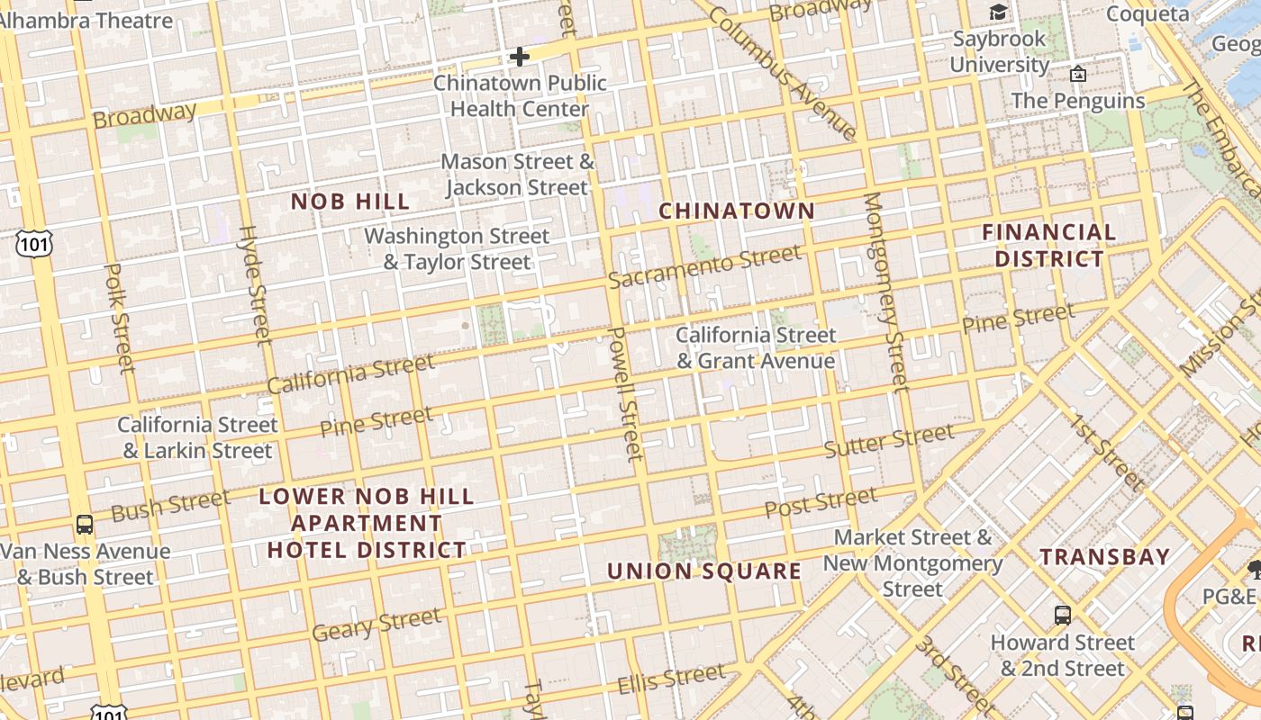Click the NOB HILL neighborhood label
tap(350, 202)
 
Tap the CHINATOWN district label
tap(737, 211)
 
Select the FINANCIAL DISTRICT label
tap(1048, 246)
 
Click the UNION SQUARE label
tap(704, 571)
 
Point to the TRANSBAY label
tap(1105, 557)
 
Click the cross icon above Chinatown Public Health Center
tap(520, 57)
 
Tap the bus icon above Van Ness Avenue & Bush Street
tap(85, 524)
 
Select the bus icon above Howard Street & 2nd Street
tap(1063, 616)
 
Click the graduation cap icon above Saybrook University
tap(998, 12)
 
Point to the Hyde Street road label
tap(254, 285)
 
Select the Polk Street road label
tap(119, 319)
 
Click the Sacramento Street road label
tap(704, 266)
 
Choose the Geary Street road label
tap(376, 625)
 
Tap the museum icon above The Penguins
tap(1078, 74)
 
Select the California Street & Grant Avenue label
tap(756, 348)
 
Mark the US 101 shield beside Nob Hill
tap(33, 243)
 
